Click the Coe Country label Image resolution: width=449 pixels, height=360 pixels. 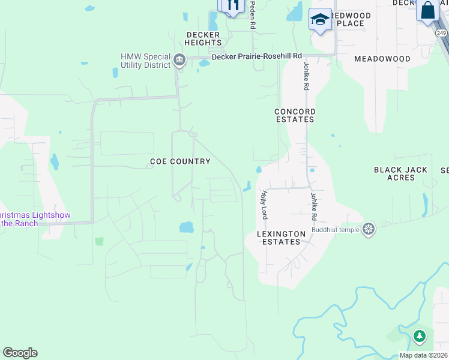coord(180,161)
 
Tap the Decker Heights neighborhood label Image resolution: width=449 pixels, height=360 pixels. coord(203,38)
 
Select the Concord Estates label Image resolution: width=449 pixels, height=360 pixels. coord(295,115)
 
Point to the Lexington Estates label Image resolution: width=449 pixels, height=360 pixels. coord(278,238)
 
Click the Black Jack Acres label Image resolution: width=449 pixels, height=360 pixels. coord(400,173)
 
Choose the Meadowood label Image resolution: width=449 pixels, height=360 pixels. coord(382,59)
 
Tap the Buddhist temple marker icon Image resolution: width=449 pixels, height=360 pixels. coord(369,229)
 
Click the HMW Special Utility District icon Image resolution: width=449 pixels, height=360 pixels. coord(179,60)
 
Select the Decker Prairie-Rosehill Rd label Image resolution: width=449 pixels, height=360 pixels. coord(257,56)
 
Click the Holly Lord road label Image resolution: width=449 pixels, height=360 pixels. coord(263,205)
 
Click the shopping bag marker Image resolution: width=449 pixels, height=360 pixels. coord(427,11)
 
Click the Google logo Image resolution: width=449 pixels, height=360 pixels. coord(20,353)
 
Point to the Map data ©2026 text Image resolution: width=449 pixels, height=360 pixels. coord(423,355)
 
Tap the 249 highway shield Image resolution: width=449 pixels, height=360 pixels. coord(442,33)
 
